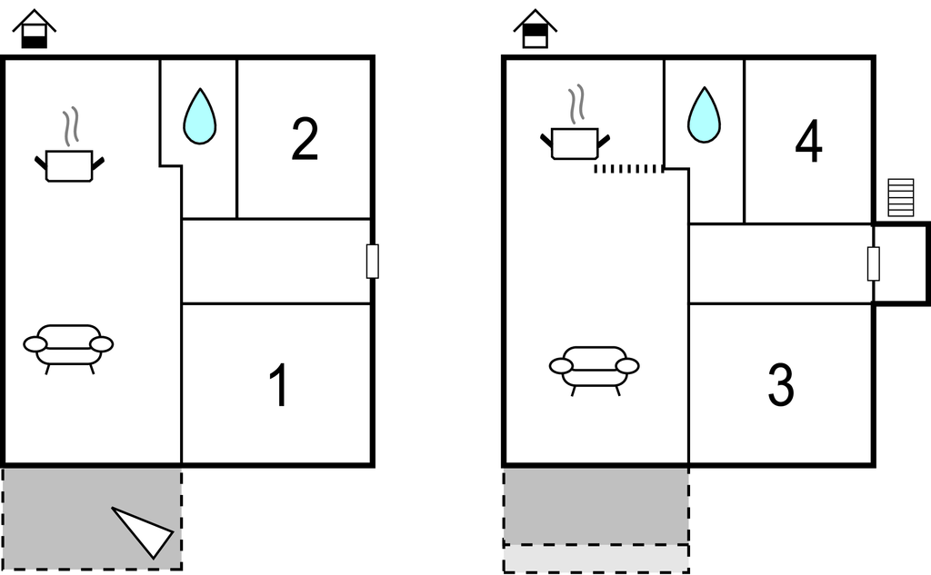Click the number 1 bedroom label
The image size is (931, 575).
pos(279,385)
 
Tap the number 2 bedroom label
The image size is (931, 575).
pos(305,140)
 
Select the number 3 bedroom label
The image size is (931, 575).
pos(781,385)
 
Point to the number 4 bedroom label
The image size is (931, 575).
pos(808,143)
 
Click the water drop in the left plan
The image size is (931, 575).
pos(200,117)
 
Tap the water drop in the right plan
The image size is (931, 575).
pos(704,115)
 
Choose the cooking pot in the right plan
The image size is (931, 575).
pos(575,141)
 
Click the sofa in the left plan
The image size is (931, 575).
pos(68,346)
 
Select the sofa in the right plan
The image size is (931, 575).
pos(595,367)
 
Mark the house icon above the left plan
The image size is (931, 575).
pos(35,29)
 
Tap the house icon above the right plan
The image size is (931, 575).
pos(536,29)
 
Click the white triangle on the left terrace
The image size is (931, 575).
pos(145,530)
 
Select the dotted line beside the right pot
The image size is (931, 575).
pos(628,169)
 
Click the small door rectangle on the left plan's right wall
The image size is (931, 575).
pos(372,262)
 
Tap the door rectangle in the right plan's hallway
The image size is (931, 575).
pos(874,263)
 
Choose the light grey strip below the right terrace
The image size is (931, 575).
pos(596,558)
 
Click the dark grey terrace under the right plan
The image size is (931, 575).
pos(596,505)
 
